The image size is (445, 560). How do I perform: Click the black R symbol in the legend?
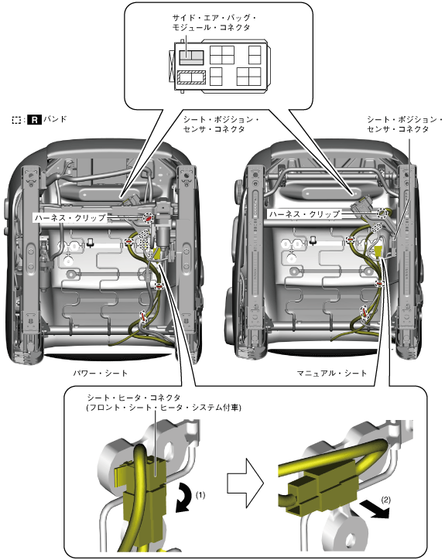coord(34,120)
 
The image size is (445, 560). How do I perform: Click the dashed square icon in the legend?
coord(16,120)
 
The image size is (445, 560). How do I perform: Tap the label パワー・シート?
coord(101,374)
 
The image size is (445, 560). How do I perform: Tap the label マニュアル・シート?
coord(332,374)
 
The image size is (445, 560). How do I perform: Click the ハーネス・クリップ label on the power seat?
coord(70,217)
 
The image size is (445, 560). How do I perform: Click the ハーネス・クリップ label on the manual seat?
coord(304,214)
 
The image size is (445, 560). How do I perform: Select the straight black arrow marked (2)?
coord(374,509)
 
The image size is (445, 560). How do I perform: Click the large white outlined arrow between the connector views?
coord(245,483)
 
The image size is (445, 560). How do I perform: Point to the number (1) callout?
coord(200,495)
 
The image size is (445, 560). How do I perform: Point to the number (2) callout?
coord(385,500)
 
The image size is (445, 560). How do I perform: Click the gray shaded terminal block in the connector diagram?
coord(191,57)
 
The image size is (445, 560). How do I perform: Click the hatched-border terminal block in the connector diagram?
coord(192,77)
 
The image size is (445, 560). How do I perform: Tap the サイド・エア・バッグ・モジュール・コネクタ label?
coord(214,22)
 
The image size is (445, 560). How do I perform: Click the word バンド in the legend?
coord(55,119)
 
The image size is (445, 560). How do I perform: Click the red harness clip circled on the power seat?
coord(148,217)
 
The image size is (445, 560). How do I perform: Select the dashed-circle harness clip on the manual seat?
coord(382,213)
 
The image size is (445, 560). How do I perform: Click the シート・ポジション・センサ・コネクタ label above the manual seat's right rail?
coord(405,124)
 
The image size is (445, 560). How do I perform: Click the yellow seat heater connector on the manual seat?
coord(378,252)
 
